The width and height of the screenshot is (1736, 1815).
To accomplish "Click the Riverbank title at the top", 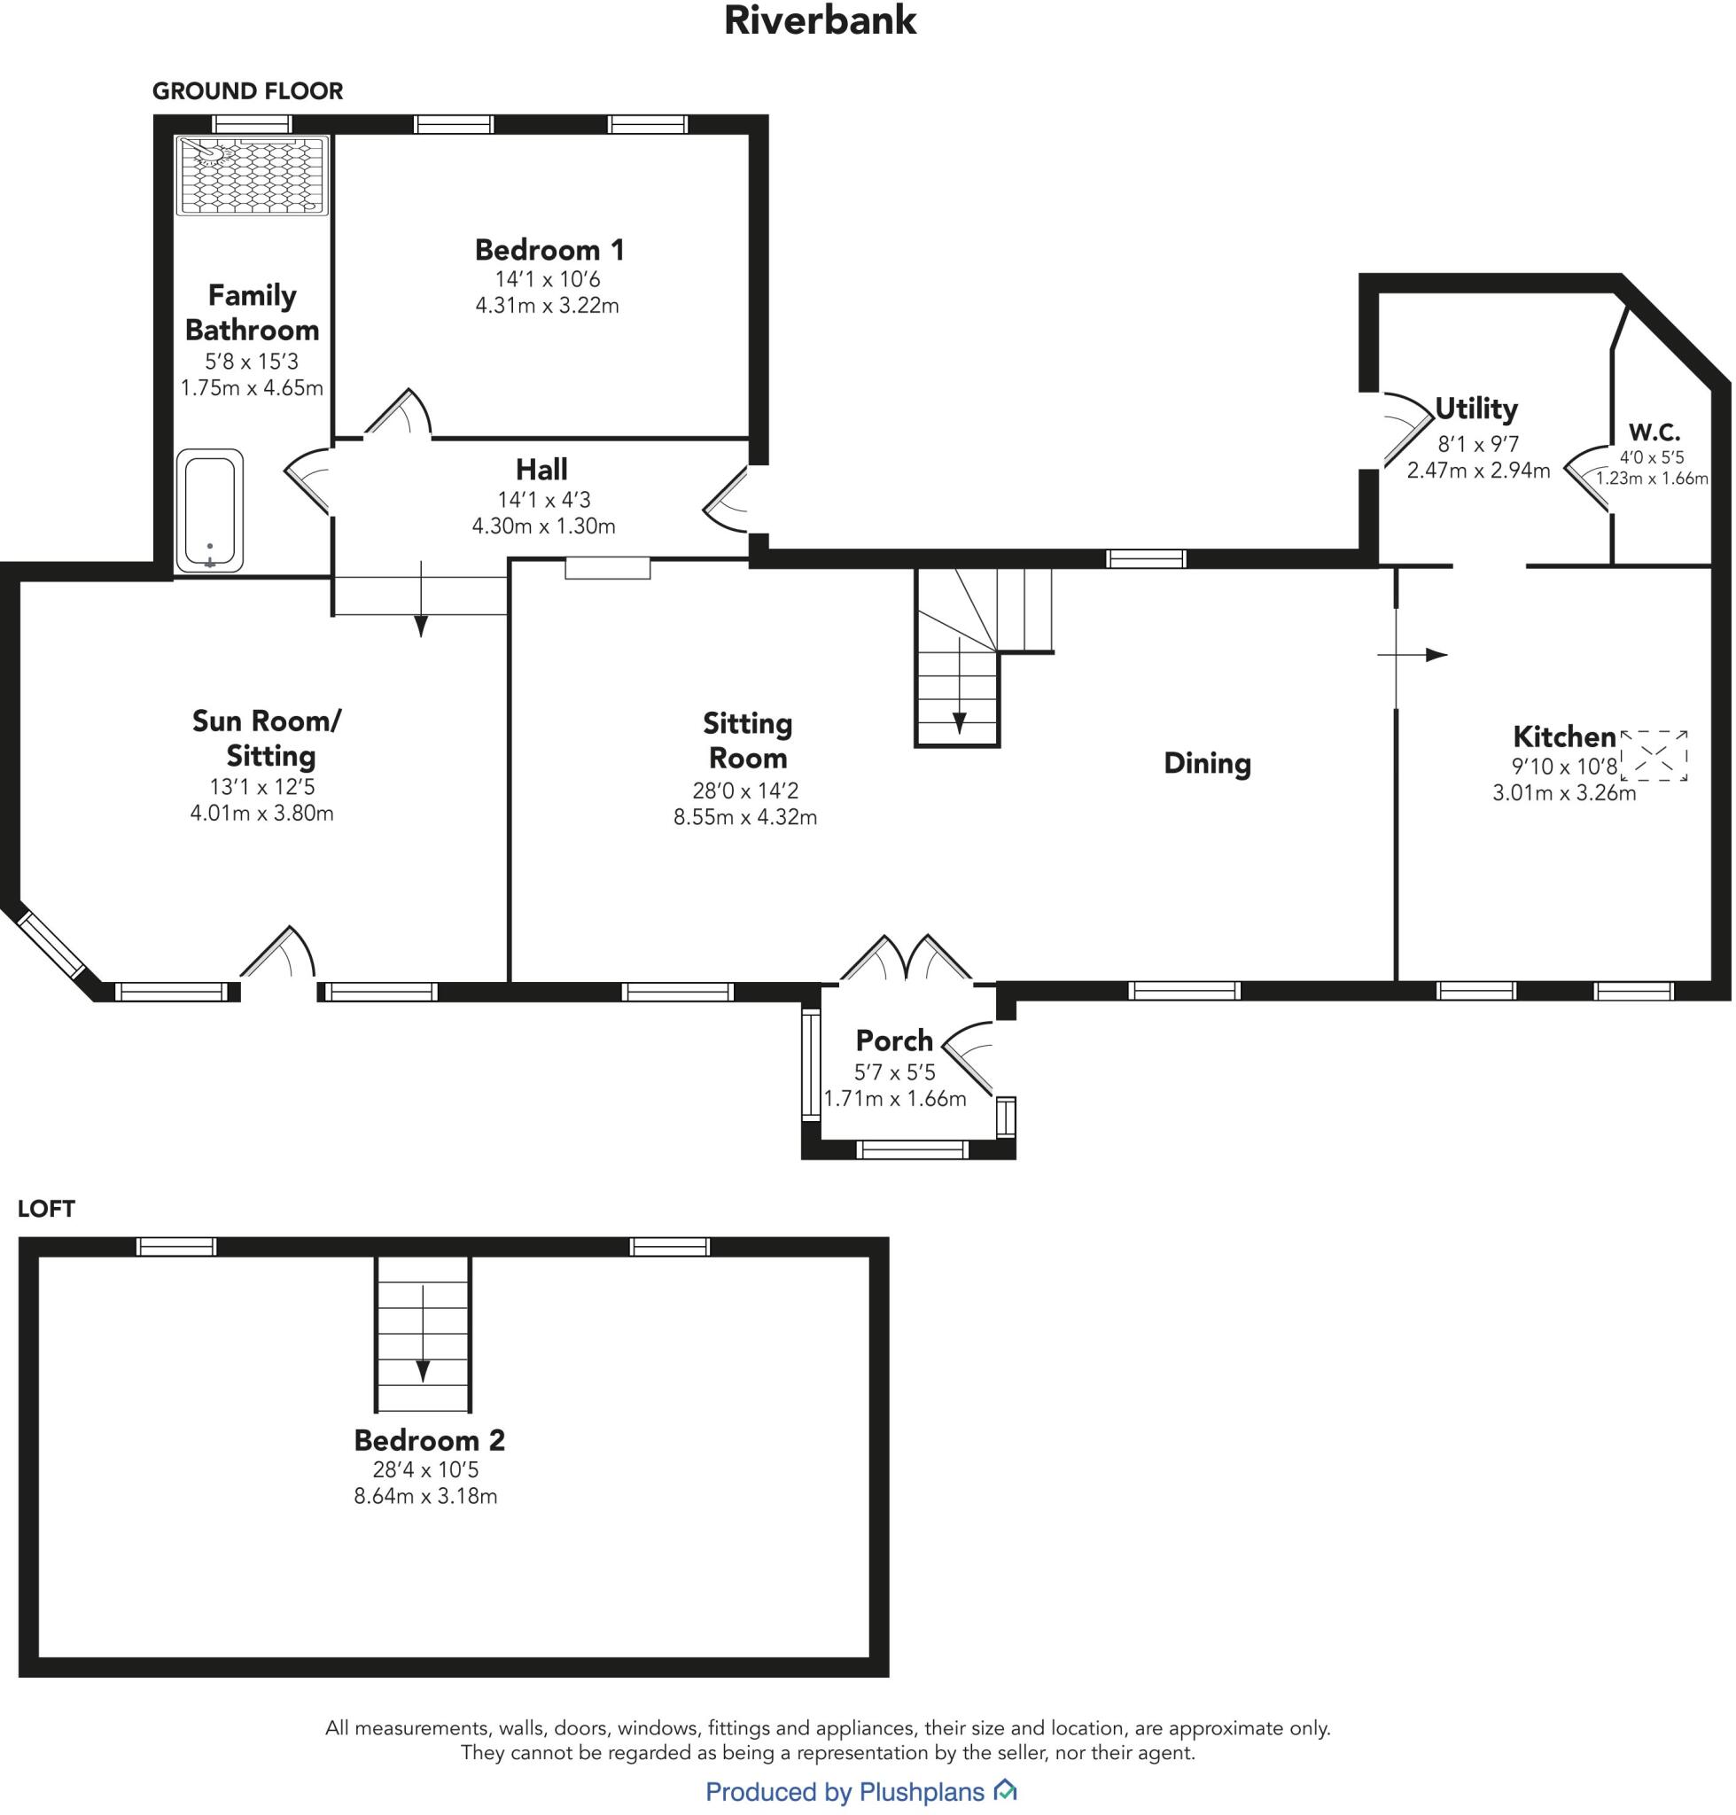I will tap(820, 21).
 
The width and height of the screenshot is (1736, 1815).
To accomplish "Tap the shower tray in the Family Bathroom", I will tap(253, 175).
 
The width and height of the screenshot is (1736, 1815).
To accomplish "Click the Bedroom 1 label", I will tap(549, 250).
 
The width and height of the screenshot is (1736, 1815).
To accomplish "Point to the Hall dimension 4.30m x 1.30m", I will tap(543, 526).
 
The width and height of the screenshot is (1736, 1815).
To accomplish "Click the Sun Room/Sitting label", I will tap(267, 737).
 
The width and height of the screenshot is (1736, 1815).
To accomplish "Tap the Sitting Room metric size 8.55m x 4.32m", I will tap(745, 816).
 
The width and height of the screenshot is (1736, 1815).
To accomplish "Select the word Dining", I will tap(1207, 763).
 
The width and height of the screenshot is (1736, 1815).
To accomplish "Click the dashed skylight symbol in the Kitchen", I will tap(1654, 755).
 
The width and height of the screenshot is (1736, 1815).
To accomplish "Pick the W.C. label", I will tap(1654, 432).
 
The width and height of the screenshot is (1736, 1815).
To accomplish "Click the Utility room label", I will tap(1476, 409).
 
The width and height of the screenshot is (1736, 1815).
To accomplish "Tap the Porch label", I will tap(894, 1040).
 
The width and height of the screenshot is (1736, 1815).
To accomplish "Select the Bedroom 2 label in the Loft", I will tap(430, 1440).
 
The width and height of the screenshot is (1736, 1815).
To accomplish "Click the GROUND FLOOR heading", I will tap(247, 90).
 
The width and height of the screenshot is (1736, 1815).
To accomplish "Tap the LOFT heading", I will tap(45, 1209).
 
